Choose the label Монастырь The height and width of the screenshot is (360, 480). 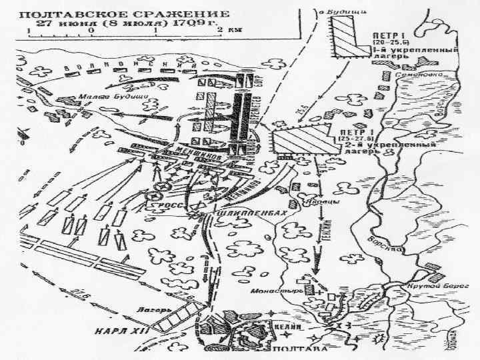[269, 291]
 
